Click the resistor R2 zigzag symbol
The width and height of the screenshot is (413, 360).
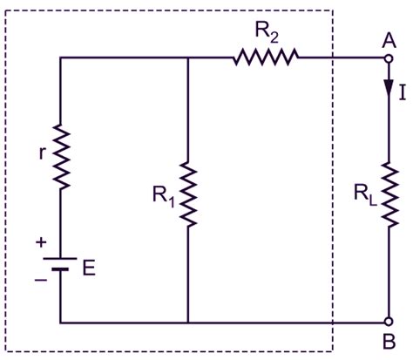pyautogui.click(x=266, y=58)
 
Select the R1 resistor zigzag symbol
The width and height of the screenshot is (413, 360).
pyautogui.click(x=188, y=194)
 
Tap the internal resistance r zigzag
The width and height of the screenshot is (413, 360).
pyautogui.click(x=61, y=158)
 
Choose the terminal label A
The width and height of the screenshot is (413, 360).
pyautogui.click(x=388, y=38)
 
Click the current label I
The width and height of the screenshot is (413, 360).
pyautogui.click(x=402, y=92)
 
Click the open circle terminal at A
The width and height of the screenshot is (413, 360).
pyautogui.click(x=388, y=58)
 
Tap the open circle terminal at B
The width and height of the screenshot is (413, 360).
pyautogui.click(x=388, y=322)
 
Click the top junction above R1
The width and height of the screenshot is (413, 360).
pyautogui.click(x=188, y=58)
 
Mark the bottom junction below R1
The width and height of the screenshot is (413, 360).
pyautogui.click(x=188, y=322)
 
